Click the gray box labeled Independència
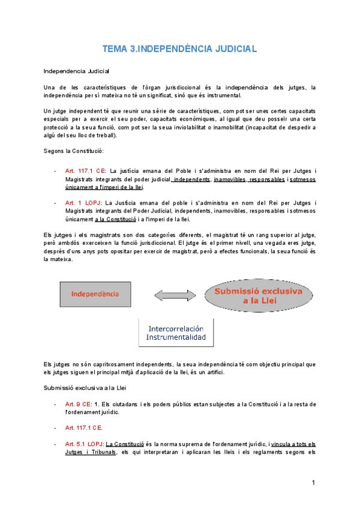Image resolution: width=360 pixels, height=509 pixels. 95,295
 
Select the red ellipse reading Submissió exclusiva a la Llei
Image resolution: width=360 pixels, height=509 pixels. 260,295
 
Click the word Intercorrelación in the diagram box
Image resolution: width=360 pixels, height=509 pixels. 176,329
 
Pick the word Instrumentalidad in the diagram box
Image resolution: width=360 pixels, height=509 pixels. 176,338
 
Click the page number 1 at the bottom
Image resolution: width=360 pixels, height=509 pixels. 313,483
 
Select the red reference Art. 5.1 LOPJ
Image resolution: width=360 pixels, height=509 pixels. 83,444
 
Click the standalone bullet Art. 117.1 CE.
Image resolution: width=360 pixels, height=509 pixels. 83,427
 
